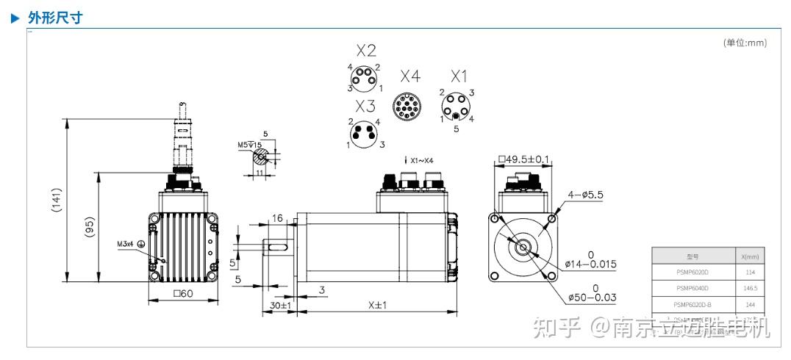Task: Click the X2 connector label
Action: coord(366,51)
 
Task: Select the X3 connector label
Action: coord(365,106)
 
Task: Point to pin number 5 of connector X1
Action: coord(456,129)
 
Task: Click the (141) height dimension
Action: coord(57,201)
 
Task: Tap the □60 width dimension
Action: coord(183,295)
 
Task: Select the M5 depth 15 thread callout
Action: coord(249,145)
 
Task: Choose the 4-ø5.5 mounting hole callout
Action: coord(586,195)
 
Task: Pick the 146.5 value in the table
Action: coord(749,288)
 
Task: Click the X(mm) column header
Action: coord(749,256)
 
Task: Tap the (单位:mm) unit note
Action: coord(745,43)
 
